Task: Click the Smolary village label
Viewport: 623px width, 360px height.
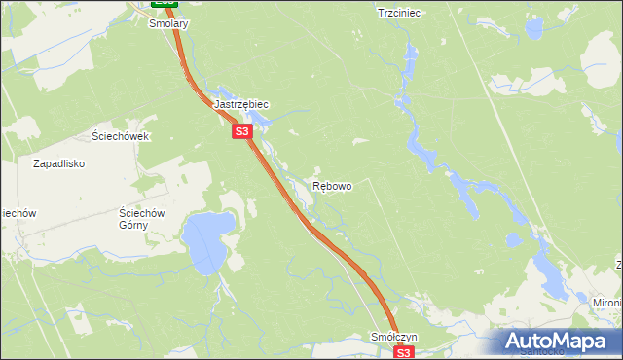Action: (168, 23)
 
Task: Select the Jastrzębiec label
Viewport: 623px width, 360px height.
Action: (240, 104)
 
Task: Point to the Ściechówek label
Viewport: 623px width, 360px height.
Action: (120, 136)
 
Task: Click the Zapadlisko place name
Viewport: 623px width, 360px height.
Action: (61, 163)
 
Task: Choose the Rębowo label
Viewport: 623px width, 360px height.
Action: (332, 185)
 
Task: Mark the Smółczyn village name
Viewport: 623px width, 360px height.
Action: (394, 337)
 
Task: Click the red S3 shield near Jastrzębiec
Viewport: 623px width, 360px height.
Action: (242, 131)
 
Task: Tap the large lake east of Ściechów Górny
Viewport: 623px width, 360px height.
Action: (207, 243)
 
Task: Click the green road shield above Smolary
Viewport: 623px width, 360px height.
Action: (165, 3)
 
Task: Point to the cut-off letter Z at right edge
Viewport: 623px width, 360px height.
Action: (618, 265)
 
